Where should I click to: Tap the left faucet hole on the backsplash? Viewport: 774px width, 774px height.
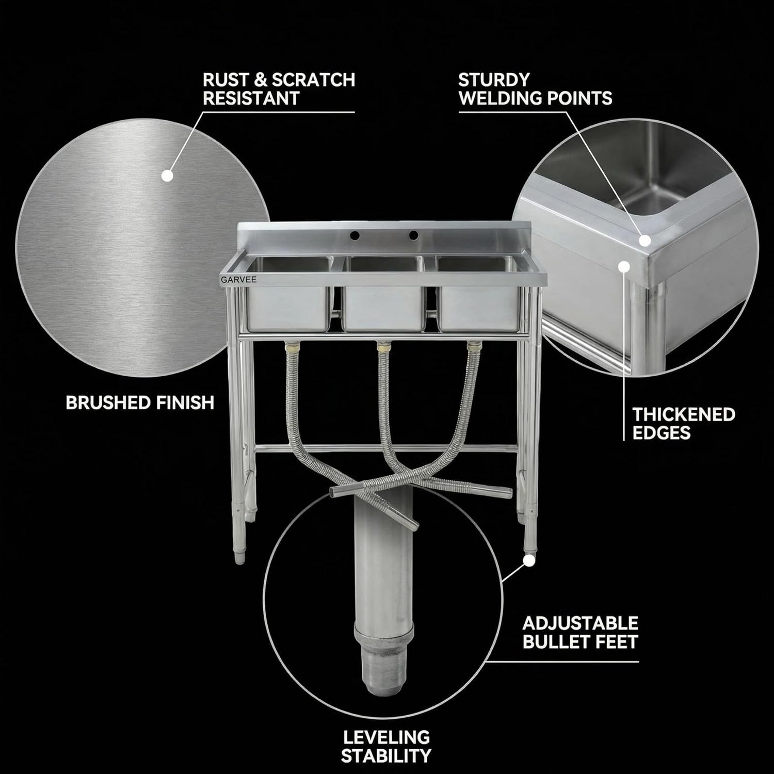click(354, 235)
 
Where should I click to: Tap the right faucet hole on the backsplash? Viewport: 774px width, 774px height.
click(413, 235)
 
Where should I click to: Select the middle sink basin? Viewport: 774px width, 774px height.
click(384, 294)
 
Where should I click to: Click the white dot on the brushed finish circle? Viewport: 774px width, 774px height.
click(167, 175)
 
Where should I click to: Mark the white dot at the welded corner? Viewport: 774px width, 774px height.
click(644, 240)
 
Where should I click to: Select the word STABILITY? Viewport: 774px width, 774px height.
click(386, 756)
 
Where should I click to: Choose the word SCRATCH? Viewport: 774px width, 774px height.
click(313, 79)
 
